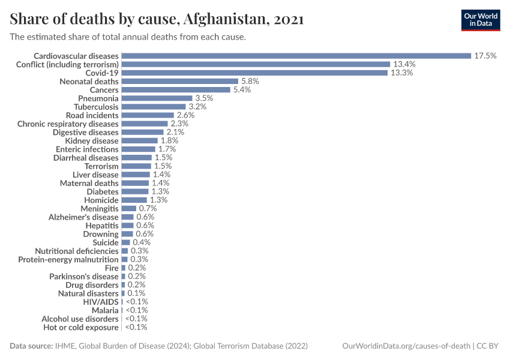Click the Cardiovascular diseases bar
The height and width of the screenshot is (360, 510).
coord(296,56)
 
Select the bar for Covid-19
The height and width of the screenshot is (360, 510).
coord(254,73)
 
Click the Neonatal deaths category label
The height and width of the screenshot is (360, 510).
coord(89,81)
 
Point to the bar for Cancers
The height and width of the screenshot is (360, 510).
coord(176,89)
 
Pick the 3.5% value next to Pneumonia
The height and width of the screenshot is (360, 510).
coord(204,98)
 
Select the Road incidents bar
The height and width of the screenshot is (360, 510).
coord(148,115)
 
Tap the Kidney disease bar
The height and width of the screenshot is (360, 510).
coord(139,140)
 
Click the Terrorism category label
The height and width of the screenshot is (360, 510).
coord(101,166)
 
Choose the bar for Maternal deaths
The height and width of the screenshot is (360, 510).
coord(135,183)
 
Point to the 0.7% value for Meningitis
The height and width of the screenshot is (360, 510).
coord(148,208)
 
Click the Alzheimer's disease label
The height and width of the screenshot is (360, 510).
coord(83,217)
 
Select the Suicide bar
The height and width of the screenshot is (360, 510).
coord(125,242)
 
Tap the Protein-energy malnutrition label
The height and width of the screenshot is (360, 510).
coord(68,260)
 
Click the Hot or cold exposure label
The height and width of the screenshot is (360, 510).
coord(80,328)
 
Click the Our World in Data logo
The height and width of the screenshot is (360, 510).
coord(481,20)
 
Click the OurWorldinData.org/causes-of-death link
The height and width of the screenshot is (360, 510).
coord(406,346)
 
